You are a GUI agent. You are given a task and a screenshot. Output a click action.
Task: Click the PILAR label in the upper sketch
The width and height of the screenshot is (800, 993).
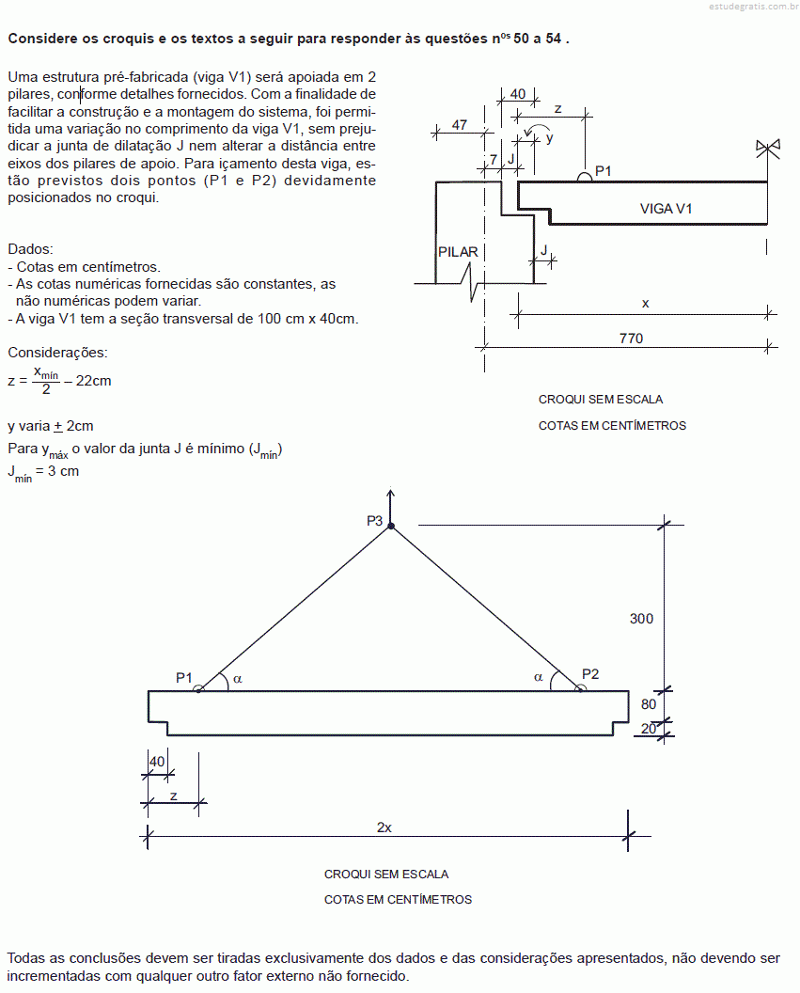458,252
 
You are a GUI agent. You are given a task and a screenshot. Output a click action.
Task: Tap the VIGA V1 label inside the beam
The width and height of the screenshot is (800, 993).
666,209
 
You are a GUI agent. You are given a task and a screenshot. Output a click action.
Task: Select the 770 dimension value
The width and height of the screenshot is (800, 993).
631,339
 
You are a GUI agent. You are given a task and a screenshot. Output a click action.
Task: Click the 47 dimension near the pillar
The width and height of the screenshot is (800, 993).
460,125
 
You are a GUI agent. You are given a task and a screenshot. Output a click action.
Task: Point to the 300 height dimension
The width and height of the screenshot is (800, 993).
641,619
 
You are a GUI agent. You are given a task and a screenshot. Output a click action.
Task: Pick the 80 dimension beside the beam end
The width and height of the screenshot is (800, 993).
649,704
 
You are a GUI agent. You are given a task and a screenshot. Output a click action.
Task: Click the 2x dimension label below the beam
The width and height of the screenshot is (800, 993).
384,827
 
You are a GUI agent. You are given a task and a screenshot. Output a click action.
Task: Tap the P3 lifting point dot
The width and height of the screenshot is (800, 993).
391,526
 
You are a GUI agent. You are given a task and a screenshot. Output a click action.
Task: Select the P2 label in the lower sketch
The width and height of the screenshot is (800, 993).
589,674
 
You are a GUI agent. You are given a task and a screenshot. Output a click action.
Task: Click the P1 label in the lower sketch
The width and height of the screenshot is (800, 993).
183,678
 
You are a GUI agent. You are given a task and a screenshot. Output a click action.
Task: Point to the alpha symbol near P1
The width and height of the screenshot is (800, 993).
237,679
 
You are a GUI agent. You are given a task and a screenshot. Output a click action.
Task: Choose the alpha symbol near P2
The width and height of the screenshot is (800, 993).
538,677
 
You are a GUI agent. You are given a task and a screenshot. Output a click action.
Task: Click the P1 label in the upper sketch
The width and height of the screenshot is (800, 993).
604,171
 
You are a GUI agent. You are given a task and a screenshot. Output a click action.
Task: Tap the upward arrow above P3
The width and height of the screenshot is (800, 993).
391,506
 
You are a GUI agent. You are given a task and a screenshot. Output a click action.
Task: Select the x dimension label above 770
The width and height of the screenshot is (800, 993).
645,304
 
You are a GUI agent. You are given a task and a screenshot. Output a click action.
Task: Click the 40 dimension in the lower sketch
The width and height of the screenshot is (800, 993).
157,762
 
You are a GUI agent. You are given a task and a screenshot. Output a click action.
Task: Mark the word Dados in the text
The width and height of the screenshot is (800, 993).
30,249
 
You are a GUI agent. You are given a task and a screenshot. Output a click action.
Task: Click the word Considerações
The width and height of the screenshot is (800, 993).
57,352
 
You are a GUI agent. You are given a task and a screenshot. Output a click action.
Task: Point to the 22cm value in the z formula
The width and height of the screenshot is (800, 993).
94,381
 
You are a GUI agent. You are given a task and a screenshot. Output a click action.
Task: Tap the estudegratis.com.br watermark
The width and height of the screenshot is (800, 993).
753,7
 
